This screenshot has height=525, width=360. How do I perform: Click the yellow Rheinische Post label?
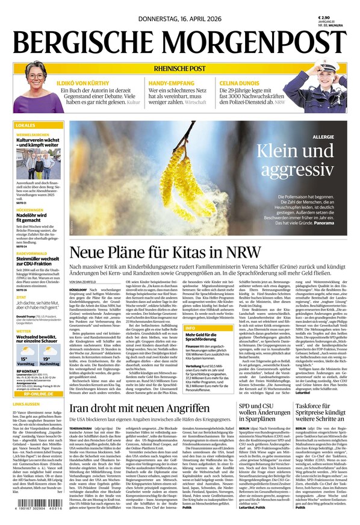tap(179, 68)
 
